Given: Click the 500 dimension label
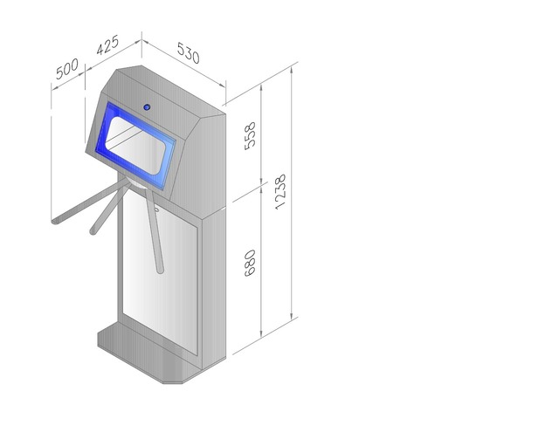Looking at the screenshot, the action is (67, 69).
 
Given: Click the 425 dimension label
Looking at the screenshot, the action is (107, 45).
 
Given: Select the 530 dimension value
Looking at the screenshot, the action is (189, 52).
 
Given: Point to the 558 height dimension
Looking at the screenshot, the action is (251, 135).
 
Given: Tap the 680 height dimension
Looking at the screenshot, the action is (251, 263).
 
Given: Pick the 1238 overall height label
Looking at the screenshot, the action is (280, 191).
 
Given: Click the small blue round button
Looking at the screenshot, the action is (147, 106).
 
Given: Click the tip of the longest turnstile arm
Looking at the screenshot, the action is (55, 222).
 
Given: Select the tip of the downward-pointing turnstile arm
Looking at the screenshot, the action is (161, 271).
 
